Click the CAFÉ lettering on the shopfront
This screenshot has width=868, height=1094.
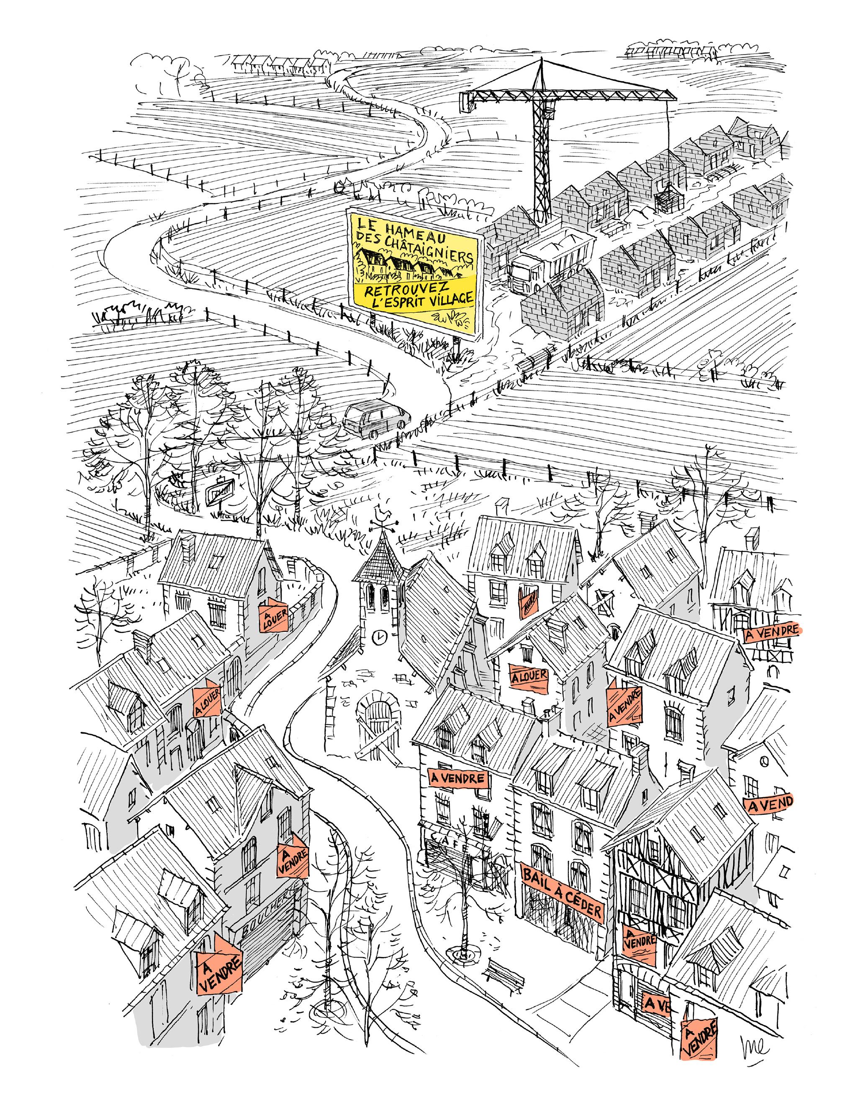(x=450, y=841)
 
